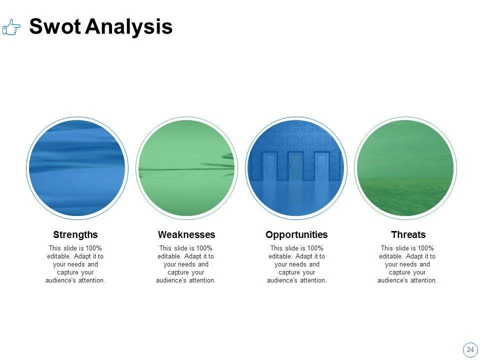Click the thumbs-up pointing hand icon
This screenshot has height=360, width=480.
11,27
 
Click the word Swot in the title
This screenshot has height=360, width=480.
55,26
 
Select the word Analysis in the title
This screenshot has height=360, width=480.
128,27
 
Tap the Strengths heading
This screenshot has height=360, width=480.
75,235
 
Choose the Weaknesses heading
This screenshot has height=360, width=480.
186,235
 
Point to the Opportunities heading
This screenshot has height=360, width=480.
296,235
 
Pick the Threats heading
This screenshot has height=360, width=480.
408,235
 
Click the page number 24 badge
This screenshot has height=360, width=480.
470,349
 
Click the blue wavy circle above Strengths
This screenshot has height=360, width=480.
77,168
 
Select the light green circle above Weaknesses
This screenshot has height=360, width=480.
186,168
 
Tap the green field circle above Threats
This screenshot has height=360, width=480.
405,168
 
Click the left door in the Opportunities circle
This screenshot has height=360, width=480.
270,166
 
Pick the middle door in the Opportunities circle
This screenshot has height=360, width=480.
295,166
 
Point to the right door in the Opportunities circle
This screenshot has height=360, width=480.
321,166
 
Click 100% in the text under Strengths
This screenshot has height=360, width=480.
93,248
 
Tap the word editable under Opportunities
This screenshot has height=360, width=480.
280,256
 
